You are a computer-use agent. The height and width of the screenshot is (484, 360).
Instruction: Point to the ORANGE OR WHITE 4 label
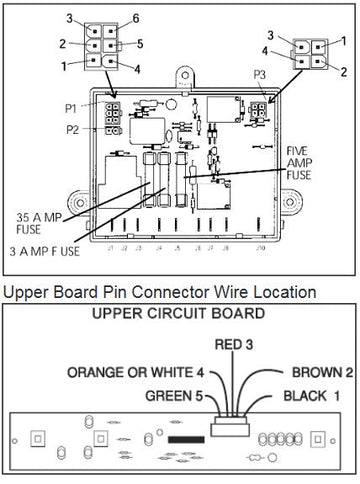click(x=136, y=372)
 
